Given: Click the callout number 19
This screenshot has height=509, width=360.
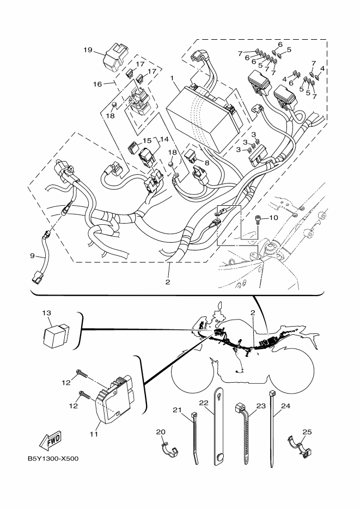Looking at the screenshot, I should [x=88, y=50].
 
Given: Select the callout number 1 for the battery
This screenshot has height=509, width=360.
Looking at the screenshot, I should [x=172, y=78].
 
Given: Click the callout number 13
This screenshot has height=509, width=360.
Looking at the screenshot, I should [x=47, y=313].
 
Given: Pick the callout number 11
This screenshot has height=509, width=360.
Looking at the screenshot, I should [x=93, y=434].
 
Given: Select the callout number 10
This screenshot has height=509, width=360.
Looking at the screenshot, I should [x=273, y=218].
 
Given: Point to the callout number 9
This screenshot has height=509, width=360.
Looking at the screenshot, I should [x=33, y=255].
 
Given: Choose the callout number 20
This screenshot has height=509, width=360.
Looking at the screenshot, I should [x=160, y=432].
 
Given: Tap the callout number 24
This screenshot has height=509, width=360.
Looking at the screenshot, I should [x=285, y=406].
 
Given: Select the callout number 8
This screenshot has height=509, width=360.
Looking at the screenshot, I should [x=207, y=162].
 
